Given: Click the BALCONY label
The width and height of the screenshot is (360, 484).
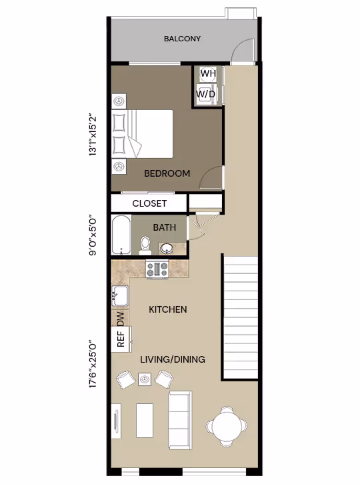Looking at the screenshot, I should (x=182, y=39).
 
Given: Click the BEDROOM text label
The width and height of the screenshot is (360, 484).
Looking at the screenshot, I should (x=167, y=173).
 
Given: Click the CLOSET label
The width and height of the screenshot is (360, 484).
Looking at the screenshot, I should (x=149, y=203).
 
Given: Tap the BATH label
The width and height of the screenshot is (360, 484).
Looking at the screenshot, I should (x=165, y=227).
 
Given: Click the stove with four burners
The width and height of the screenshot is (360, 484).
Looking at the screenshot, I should (x=157, y=269).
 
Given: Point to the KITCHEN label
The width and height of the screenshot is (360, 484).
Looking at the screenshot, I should (x=167, y=310).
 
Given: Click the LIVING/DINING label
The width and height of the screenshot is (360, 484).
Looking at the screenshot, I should (x=172, y=359).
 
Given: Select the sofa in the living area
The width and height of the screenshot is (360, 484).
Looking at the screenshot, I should (x=179, y=419).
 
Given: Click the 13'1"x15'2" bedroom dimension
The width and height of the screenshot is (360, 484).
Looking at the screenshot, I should (x=101, y=133).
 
